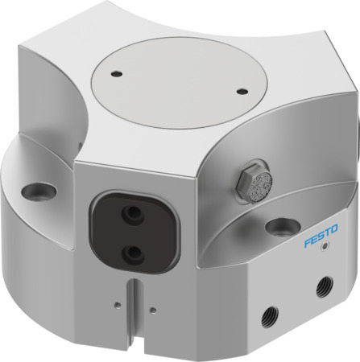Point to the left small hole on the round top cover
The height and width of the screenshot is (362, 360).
(118, 75)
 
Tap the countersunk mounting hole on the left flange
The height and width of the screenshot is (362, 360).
(38, 191)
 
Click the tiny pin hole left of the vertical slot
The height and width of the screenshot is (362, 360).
(118, 303)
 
